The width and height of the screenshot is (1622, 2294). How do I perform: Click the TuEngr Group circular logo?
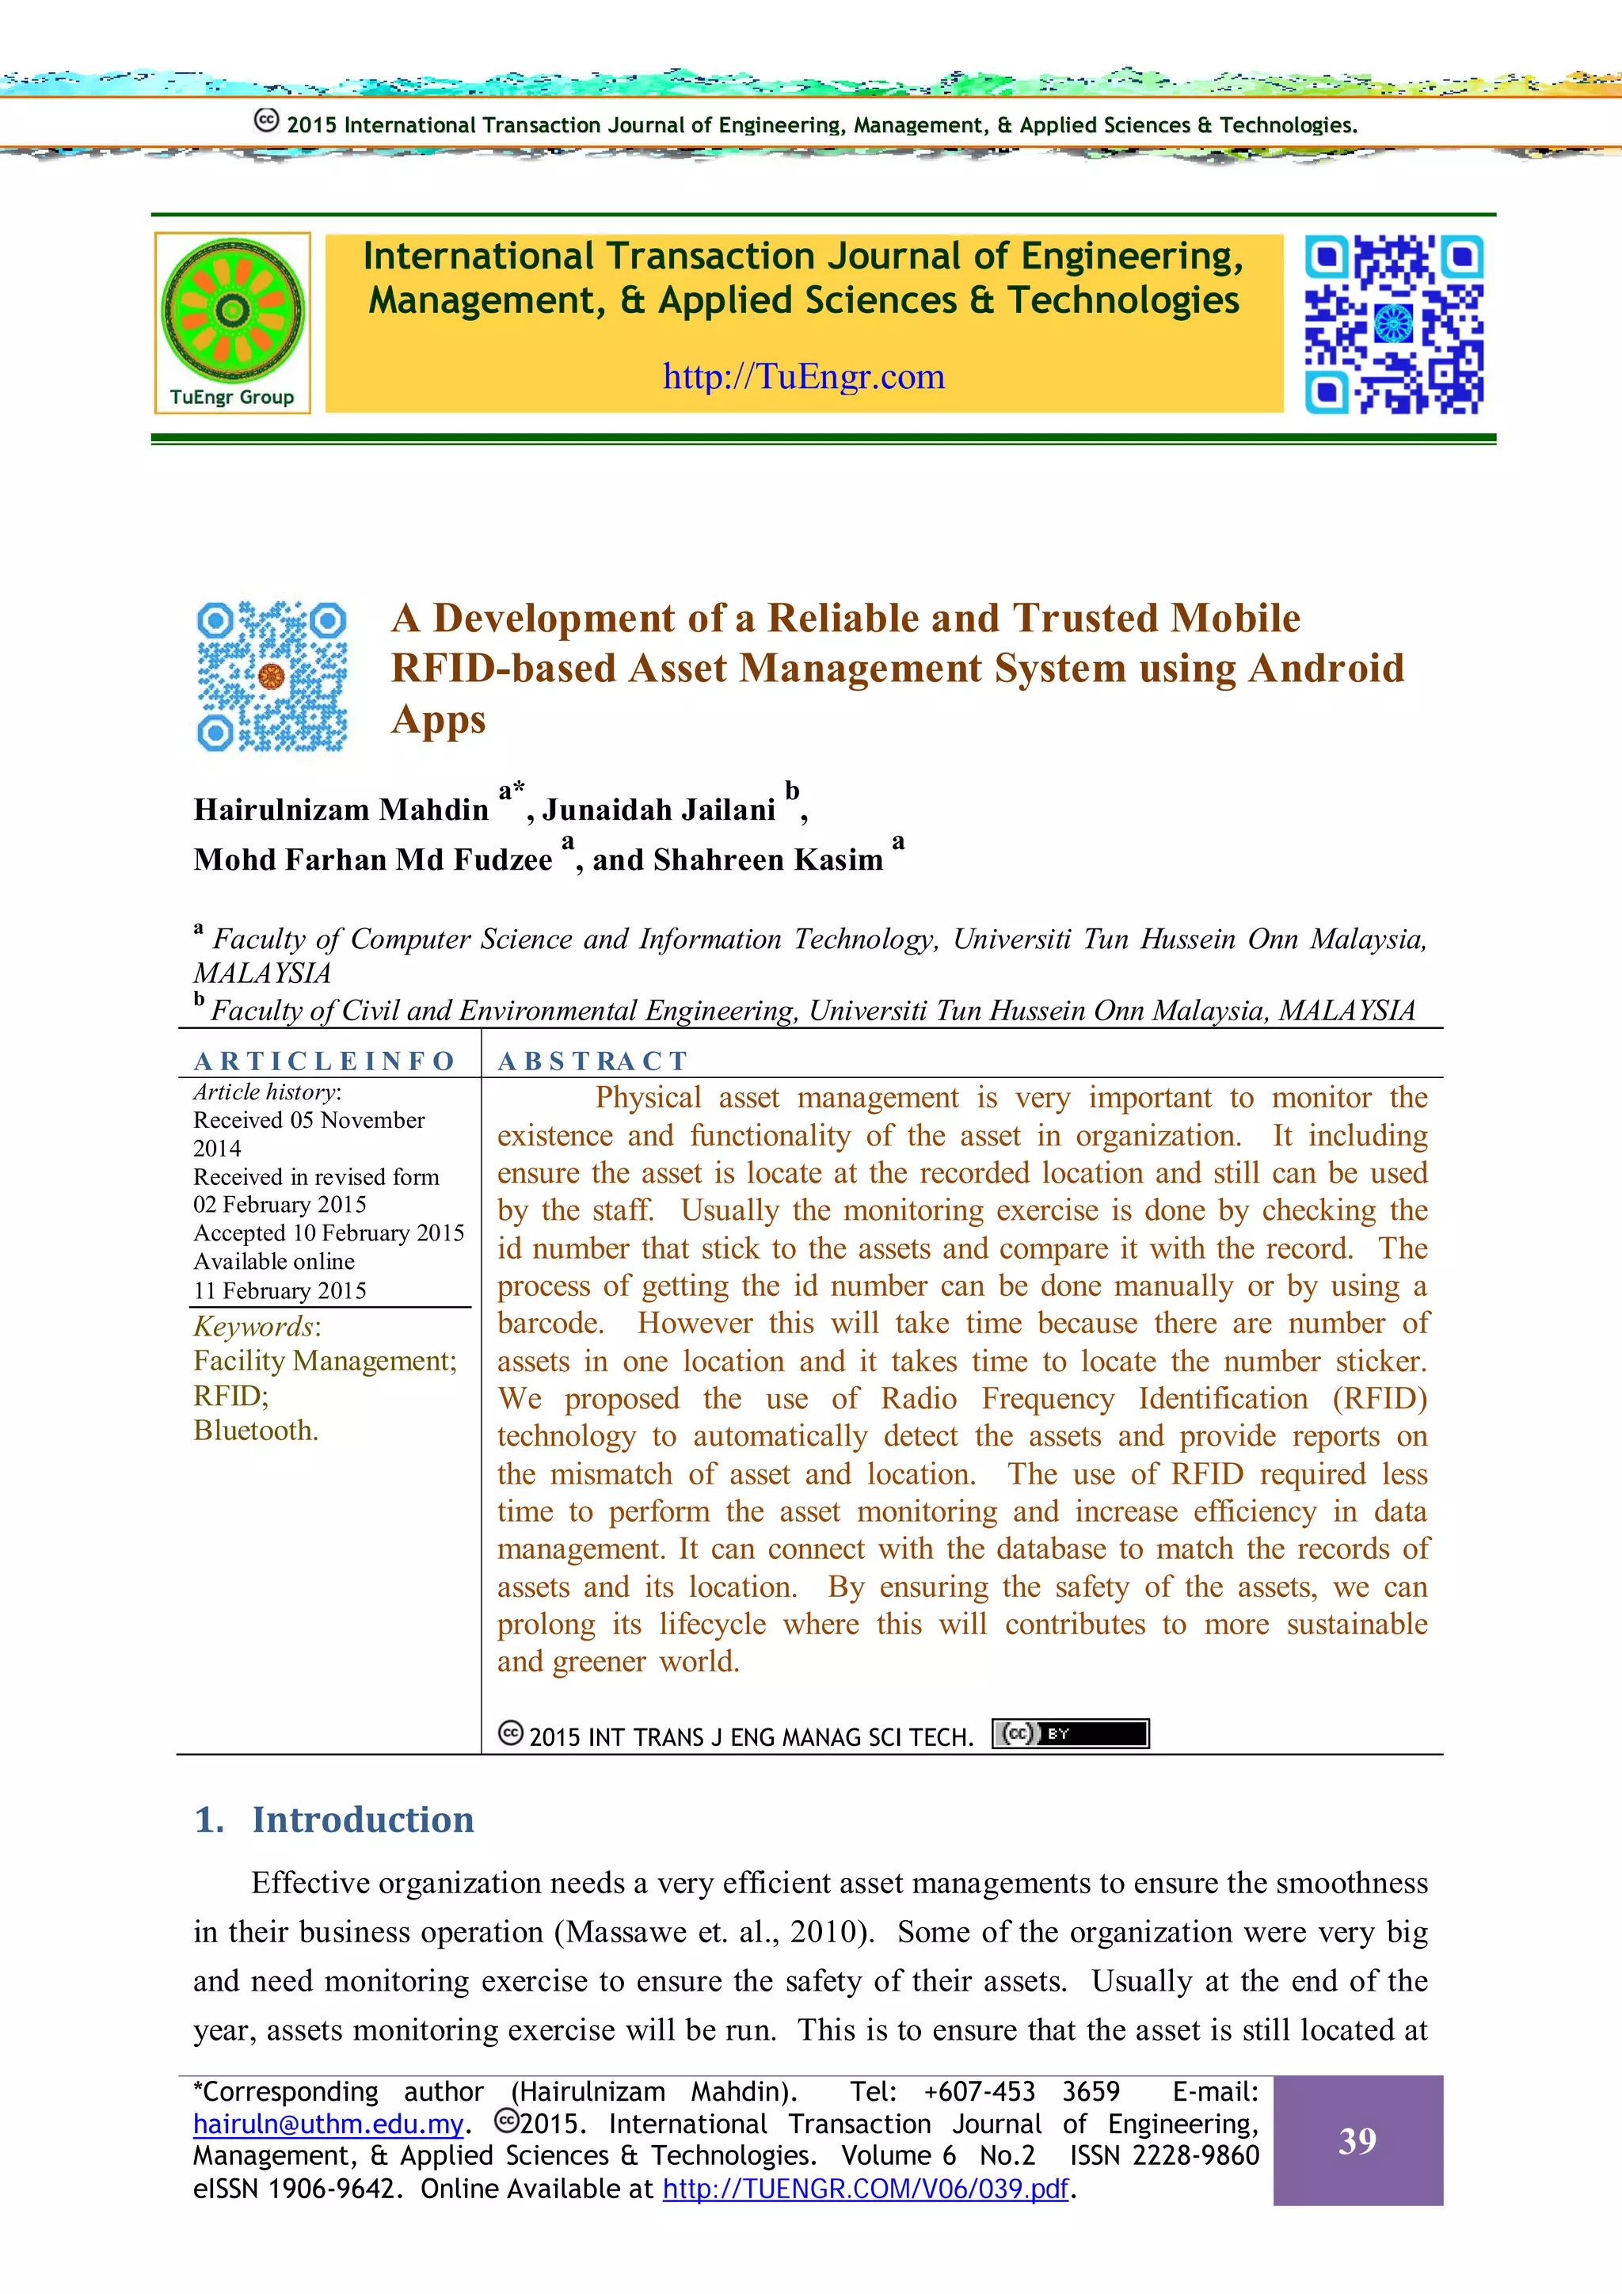pyautogui.click(x=232, y=310)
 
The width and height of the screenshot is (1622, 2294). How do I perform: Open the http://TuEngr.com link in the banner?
pyautogui.click(x=803, y=377)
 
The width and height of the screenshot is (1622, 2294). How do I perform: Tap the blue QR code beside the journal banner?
pyautogui.click(x=1393, y=324)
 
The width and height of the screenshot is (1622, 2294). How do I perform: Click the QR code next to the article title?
pyautogui.click(x=272, y=676)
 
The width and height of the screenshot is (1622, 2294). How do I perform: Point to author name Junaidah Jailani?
pyautogui.click(x=658, y=810)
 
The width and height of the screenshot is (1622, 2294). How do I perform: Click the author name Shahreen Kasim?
pyautogui.click(x=767, y=859)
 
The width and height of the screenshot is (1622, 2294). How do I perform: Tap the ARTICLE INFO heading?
pyautogui.click(x=324, y=1061)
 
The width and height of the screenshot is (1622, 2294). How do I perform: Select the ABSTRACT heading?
pyautogui.click(x=592, y=1061)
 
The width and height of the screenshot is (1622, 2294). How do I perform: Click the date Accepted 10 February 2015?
pyautogui.click(x=329, y=1233)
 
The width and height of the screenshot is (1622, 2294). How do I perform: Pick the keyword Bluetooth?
pyautogui.click(x=256, y=1431)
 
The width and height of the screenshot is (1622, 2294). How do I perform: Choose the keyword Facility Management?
pyautogui.click(x=324, y=1361)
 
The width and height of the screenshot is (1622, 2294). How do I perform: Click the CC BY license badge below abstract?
pyautogui.click(x=1070, y=1733)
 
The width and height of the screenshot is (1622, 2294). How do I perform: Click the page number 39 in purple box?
pyautogui.click(x=1357, y=2141)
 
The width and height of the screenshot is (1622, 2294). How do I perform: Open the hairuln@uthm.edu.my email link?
pyautogui.click(x=328, y=2124)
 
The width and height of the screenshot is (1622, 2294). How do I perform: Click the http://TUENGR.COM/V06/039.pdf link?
pyautogui.click(x=865, y=2189)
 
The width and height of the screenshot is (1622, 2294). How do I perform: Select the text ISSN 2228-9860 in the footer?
pyautogui.click(x=1163, y=2156)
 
